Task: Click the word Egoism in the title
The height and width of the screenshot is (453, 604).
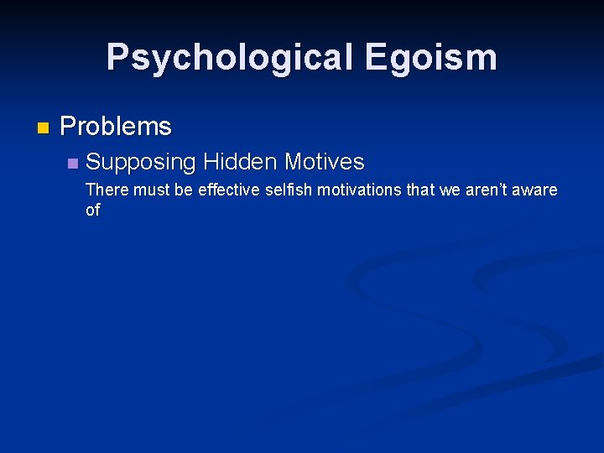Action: pos(430,58)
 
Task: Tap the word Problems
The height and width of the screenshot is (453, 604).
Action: pos(116,127)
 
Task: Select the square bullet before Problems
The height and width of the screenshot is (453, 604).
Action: pos(44,128)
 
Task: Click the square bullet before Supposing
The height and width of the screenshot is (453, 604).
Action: pos(72,162)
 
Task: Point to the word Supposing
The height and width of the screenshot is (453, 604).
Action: pos(140,161)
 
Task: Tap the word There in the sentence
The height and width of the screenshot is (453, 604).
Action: pos(107,190)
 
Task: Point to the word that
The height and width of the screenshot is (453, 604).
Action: pos(420,190)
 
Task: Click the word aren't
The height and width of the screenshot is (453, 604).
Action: pos(487,190)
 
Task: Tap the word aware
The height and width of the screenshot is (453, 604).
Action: pos(537,190)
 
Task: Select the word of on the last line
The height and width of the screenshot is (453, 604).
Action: pos(92,210)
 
